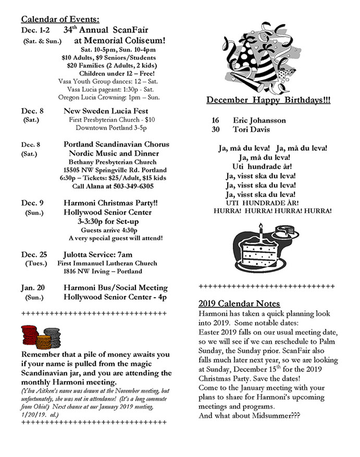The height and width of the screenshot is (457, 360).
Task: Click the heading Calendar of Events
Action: pyautogui.click(x=60, y=19)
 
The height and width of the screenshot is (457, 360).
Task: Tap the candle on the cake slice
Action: pyautogui.click(x=261, y=228)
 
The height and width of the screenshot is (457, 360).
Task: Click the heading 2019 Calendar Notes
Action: pyautogui.click(x=240, y=304)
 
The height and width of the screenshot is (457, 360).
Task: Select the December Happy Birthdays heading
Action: pyautogui.click(x=268, y=100)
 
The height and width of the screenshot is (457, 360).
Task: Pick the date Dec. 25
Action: pyautogui.click(x=34, y=254)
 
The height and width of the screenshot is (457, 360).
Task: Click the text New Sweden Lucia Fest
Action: pyautogui.click(x=106, y=111)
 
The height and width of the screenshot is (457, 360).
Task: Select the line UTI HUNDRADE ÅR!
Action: pyautogui.click(x=266, y=202)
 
